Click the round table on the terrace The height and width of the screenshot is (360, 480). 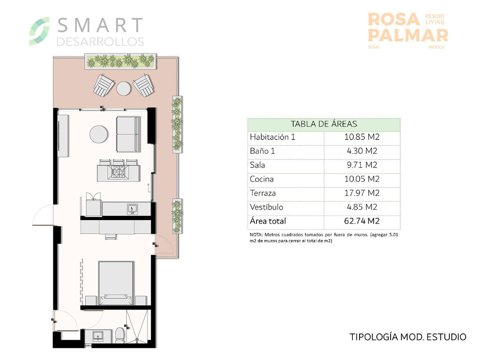124,88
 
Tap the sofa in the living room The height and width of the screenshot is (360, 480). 128,134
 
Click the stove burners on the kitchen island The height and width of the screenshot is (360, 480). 119,172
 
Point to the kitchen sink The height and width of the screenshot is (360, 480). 132,209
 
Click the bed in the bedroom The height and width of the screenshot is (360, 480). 116,283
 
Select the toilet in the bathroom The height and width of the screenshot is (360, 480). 120,335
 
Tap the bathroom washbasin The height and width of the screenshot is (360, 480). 98,336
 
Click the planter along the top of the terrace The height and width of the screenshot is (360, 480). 120,61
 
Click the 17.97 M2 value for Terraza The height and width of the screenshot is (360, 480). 362,193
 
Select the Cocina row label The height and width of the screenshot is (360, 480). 262,179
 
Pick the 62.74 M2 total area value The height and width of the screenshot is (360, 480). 362,221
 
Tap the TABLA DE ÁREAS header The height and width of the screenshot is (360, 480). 324,124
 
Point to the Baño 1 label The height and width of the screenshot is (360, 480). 262,151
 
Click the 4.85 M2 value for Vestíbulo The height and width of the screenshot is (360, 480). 362,207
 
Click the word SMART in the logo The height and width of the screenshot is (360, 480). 100,25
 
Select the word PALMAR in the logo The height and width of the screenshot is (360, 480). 408,36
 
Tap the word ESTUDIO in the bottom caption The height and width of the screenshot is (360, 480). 446,337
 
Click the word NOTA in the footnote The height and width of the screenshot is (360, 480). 256,235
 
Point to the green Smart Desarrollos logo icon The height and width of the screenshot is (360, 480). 39,31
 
